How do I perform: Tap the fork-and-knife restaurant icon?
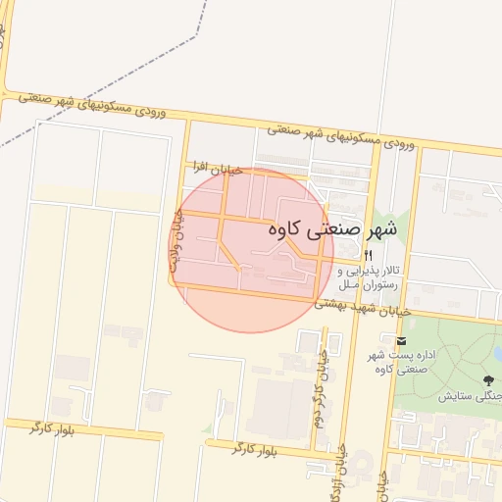coord(340,254)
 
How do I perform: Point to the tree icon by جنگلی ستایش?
coord(488,378)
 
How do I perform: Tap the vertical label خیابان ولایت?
coord(176,241)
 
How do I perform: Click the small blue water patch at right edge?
coord(498,354)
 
